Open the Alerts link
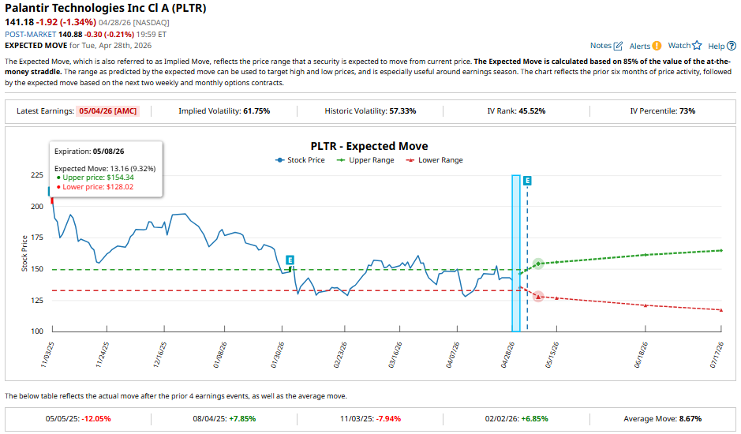pos(645,47)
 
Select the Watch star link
pos(684,47)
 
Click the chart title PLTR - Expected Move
pos(369,146)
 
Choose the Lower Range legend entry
pos(434,160)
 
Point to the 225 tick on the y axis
pos(36,175)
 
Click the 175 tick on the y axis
pos(36,238)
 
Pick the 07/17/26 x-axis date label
pos(717,355)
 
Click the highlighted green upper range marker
pos(538,264)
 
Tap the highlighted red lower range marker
pos(538,296)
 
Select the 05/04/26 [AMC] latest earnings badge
pos(108,111)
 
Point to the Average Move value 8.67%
pos(685,419)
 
